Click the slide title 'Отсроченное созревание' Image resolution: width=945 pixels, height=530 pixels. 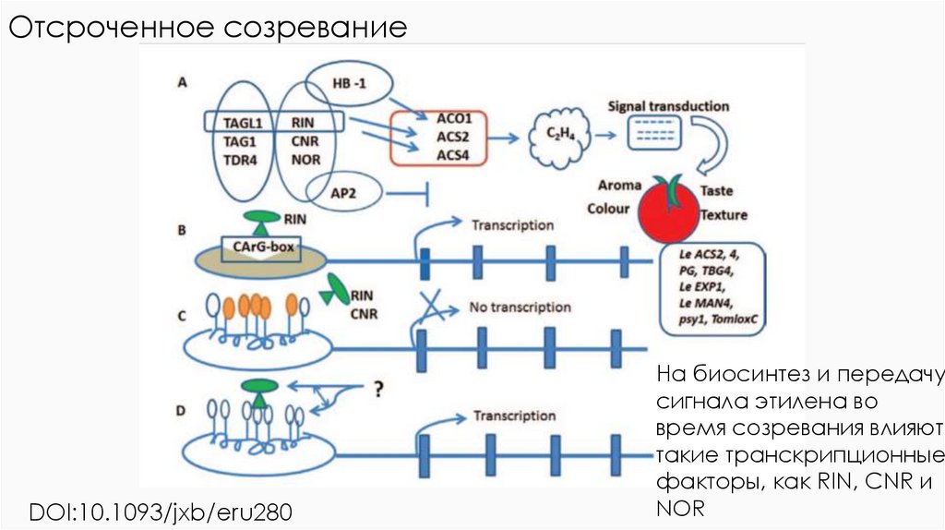[209, 27]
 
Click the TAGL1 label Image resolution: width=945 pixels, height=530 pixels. [244, 122]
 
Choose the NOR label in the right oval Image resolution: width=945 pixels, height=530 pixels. [305, 159]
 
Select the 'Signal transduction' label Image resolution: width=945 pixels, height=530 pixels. [667, 106]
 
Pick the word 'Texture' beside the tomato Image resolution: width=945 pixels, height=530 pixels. [723, 215]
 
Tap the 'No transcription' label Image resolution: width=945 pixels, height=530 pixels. [520, 307]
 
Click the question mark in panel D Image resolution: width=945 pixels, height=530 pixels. [377, 389]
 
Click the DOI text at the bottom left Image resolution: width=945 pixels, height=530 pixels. [164, 510]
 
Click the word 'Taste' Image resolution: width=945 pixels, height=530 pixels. [716, 190]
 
